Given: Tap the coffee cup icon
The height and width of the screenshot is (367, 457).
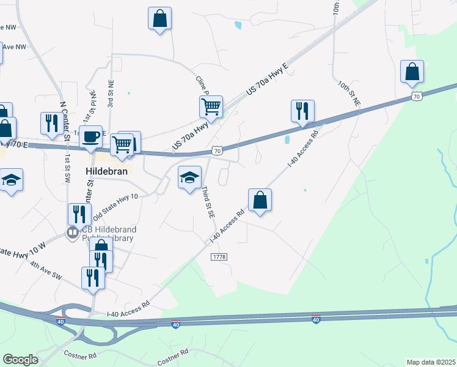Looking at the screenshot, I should [91, 136].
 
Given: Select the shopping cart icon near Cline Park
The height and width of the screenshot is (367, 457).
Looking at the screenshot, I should [211, 106].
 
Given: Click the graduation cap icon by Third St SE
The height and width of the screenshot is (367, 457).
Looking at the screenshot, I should [189, 178].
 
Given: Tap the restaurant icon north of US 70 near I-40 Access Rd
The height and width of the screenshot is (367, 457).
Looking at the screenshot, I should [302, 111].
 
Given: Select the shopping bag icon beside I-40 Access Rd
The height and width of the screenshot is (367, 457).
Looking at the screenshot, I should [260, 199].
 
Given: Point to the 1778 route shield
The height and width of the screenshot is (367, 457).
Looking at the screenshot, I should [219, 258].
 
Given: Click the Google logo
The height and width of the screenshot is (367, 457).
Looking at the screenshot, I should [20, 360].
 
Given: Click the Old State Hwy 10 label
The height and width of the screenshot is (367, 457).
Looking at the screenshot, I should [115, 207].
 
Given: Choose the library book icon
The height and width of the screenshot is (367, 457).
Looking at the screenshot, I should [72, 232].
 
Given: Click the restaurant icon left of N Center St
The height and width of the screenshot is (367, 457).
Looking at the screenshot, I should [49, 123].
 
